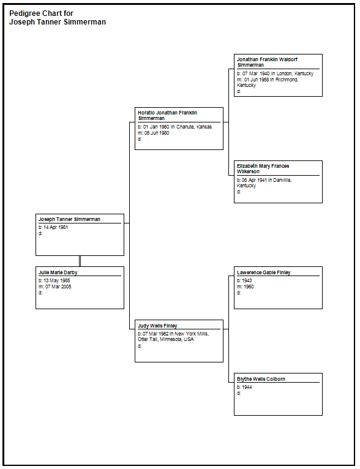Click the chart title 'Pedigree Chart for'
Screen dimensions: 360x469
[x=41, y=13]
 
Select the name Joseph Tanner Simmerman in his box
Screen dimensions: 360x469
[x=69, y=219]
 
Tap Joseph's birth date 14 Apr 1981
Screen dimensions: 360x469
[x=56, y=227]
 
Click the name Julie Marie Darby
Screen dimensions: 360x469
[x=58, y=272]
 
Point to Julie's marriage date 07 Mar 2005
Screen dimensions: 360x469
[x=58, y=287]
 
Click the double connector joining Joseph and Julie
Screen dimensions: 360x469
[x=80, y=261]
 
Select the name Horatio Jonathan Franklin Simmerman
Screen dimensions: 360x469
[x=167, y=116]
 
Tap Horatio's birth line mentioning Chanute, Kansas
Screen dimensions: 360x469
[x=174, y=127]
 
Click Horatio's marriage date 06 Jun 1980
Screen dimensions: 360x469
[x=157, y=133]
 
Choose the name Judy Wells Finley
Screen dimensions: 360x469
[x=157, y=326]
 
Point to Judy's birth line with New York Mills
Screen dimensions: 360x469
[x=173, y=337]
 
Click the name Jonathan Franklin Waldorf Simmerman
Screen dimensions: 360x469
[x=268, y=62]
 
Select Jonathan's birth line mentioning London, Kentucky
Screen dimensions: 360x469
[x=275, y=73]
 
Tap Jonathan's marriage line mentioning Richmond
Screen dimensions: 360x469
[x=268, y=82]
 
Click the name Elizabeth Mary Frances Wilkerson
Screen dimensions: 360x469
[x=263, y=169]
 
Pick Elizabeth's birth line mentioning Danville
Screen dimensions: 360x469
[x=264, y=182]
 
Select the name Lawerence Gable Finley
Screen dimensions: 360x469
[x=264, y=272]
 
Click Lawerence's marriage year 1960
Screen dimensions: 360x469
[x=249, y=287]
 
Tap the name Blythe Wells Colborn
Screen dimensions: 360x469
[x=261, y=379]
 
